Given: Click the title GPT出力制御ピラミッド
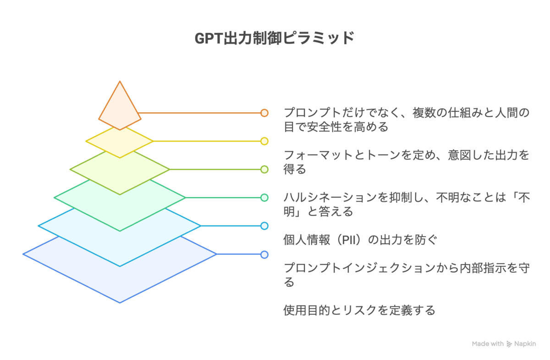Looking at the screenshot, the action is click(x=274, y=38).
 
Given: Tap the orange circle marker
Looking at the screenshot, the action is click(x=264, y=113).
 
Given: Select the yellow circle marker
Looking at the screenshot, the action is click(x=264, y=141).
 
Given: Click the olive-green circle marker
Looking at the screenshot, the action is click(x=264, y=170).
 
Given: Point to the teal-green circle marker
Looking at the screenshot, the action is click(x=264, y=198).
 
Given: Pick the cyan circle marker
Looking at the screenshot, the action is click(x=264, y=226).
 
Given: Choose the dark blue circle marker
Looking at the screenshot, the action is click(x=264, y=255).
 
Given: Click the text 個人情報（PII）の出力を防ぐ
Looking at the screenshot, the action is click(x=360, y=240).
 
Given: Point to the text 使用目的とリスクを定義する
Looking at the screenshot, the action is click(x=359, y=310).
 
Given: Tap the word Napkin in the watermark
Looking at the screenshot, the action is click(x=525, y=344).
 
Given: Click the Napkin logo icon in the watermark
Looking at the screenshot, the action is click(x=509, y=344).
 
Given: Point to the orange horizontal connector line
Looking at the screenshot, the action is click(x=199, y=113).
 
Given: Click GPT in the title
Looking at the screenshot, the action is click(x=209, y=39).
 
